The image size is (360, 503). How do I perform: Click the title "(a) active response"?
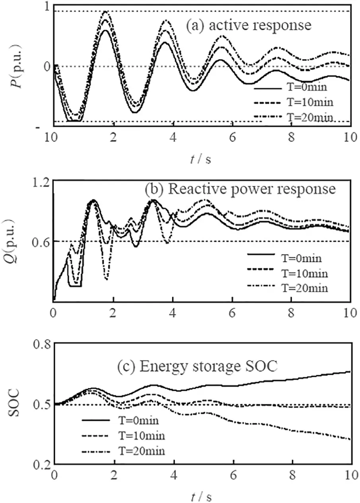[248, 26]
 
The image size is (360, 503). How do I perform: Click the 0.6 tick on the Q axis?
[39, 241]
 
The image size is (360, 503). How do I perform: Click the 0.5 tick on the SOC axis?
[39, 404]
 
